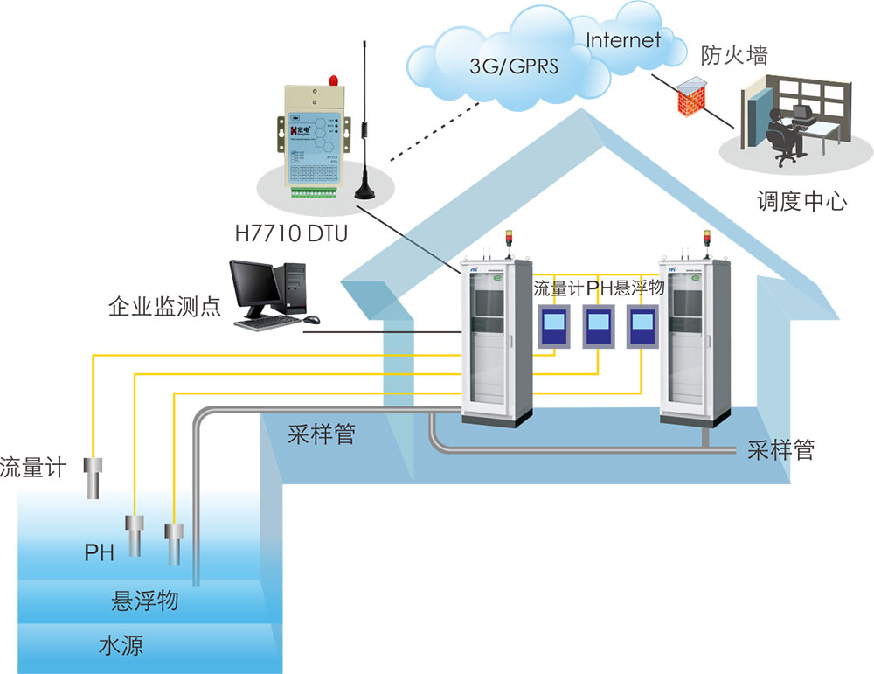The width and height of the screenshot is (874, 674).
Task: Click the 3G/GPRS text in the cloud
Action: point(513,67)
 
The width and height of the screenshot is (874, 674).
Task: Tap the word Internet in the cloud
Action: point(623,39)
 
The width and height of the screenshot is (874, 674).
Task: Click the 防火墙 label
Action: point(735,57)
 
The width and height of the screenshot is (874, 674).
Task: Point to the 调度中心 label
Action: point(801,202)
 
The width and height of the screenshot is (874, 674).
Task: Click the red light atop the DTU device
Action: point(332,81)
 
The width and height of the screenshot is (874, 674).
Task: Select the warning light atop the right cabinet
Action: point(708,240)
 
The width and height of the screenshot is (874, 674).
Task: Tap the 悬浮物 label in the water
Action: point(145,601)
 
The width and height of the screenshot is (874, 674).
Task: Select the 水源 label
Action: point(121,646)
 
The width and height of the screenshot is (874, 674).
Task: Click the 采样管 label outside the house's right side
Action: point(781,451)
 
